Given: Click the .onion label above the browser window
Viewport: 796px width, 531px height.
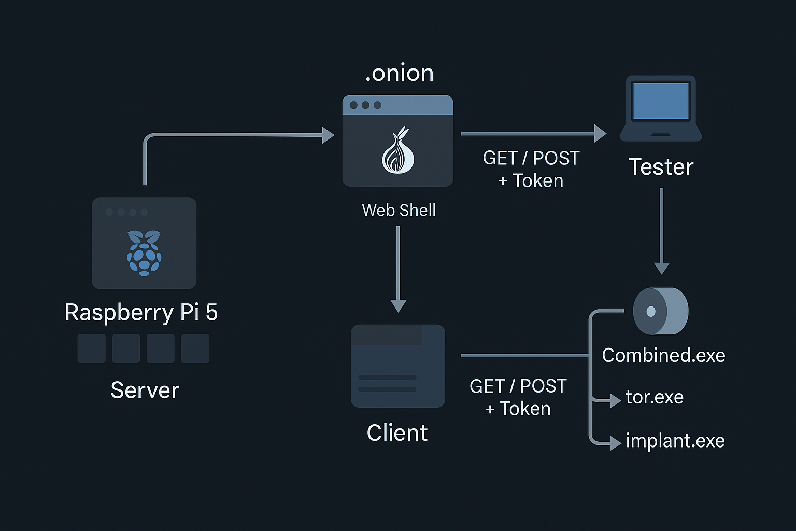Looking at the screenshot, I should point(399,73).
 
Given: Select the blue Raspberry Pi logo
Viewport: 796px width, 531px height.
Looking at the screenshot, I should point(144,253).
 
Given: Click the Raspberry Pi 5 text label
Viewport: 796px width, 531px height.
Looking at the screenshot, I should point(141,312).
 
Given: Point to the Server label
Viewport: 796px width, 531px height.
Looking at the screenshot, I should point(145,390).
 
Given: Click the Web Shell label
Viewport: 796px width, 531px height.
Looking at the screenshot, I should point(399,210).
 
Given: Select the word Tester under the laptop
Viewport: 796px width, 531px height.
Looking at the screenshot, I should point(661,167).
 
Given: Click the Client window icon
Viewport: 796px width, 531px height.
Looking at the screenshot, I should point(397,366).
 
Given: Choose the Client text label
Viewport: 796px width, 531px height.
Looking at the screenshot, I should point(397,432).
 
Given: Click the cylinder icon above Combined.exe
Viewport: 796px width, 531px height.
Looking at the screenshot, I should point(660,311).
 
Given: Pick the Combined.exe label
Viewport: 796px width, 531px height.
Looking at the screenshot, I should point(663,355).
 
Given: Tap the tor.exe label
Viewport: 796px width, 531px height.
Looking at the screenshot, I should point(654,397).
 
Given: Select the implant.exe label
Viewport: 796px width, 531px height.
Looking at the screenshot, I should point(675,441).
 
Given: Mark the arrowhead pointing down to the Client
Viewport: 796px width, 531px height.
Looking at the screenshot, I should point(398,305).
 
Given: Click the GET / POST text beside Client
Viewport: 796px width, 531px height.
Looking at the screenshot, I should point(518,386).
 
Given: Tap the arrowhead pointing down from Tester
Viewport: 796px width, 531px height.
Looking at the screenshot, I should point(661,268).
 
